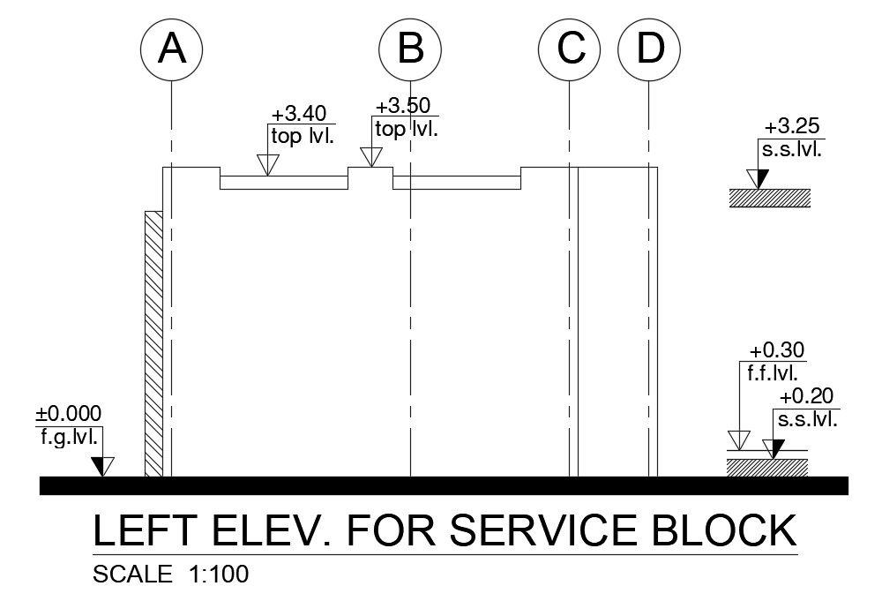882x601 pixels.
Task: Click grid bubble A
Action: coord(172,49)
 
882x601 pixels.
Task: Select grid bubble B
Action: coord(410,49)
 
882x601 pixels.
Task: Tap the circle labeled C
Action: coord(572,49)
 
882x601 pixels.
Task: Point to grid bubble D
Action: coord(650,49)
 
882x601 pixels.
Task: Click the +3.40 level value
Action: coord(299,114)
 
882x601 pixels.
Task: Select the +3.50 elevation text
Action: coord(403,106)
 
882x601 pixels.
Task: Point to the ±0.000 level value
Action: coord(69,413)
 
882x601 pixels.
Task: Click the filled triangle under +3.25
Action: coord(758,177)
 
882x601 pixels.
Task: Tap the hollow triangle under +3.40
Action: coord(267,164)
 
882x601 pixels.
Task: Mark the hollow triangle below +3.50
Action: coord(371,157)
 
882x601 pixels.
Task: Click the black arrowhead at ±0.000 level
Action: coord(103,465)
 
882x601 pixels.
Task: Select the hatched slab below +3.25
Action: coord(768,198)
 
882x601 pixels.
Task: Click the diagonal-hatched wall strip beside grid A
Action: coord(153,344)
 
